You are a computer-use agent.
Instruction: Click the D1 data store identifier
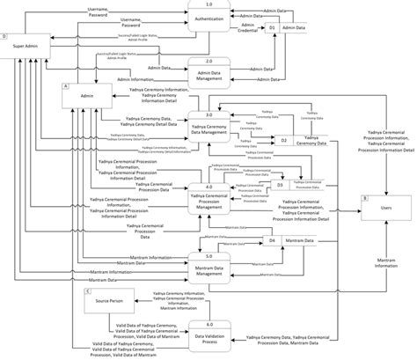coord(273,28)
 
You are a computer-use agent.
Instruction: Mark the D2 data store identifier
coord(284,140)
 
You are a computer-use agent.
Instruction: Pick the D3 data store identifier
coord(280,185)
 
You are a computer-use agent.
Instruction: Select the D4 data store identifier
coord(273,239)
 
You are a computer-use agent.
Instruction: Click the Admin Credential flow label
coord(248,28)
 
